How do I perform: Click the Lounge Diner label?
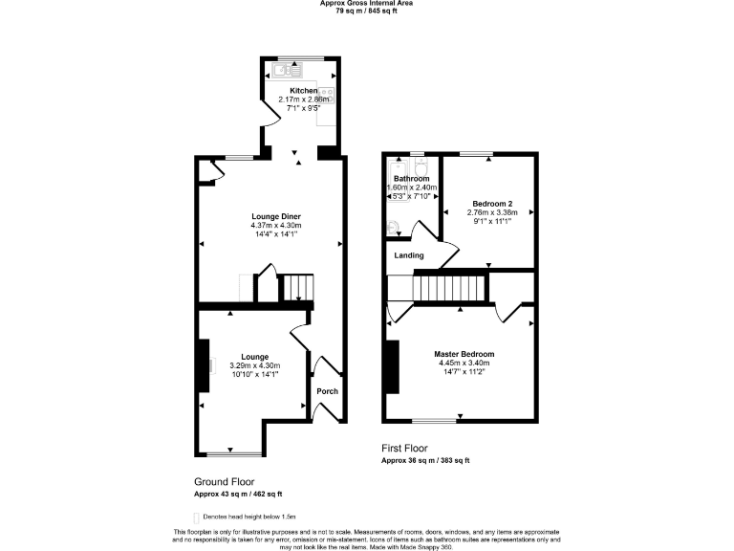point(270,217)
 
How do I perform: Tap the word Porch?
point(327,390)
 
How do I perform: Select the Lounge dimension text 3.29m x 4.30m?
point(254,365)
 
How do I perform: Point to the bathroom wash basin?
point(396,228)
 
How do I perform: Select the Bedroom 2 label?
point(489,202)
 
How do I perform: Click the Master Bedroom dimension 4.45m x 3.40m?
point(464,363)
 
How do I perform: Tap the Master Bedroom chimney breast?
point(391,366)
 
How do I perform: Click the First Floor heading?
point(404,448)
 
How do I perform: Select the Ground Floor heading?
point(225,481)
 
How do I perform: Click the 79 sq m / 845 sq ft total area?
point(367,11)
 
